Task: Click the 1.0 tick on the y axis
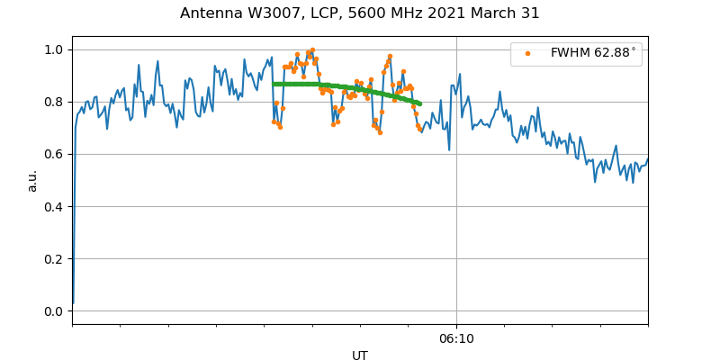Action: pos(53,49)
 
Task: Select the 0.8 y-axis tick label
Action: pos(53,102)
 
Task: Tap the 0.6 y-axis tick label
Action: pos(53,154)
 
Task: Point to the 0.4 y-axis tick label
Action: pos(53,206)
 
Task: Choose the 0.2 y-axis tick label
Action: pos(53,259)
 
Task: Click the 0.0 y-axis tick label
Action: pos(53,311)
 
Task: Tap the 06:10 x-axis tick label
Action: pos(456,339)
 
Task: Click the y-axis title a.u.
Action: pos(32,180)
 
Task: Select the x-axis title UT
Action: pos(360,355)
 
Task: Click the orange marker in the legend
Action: pos(527,53)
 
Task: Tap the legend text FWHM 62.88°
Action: pos(593,53)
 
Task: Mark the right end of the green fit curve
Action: pos(419,103)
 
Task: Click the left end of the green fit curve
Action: pos(274,84)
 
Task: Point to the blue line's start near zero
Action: pos(73,304)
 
